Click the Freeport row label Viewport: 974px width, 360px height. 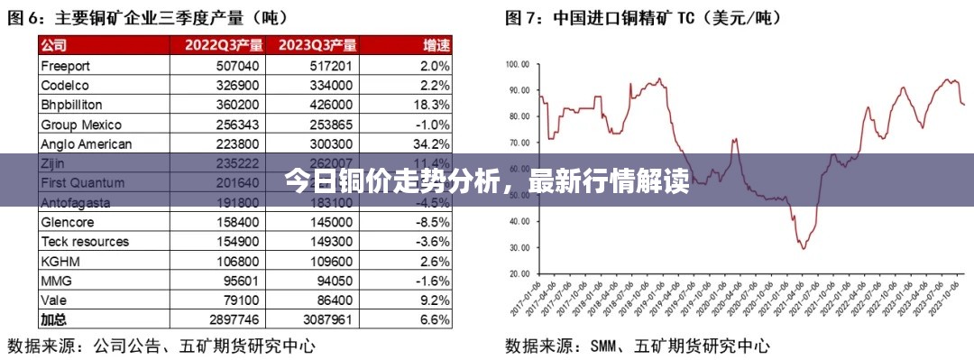click(x=66, y=66)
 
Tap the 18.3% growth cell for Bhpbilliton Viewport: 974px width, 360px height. click(x=430, y=105)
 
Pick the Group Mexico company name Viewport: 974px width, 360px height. click(x=81, y=125)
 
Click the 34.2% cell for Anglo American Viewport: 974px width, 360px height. click(x=430, y=144)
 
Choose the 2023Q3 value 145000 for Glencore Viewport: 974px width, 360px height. click(x=330, y=222)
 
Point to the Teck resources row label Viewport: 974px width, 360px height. click(x=85, y=242)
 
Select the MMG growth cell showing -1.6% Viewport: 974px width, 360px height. click(x=430, y=281)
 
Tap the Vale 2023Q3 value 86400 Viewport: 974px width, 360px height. click(x=330, y=300)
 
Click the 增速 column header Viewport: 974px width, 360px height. click(x=437, y=45)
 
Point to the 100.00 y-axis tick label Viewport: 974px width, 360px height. click(x=517, y=64)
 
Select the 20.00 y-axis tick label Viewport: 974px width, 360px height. click(x=519, y=273)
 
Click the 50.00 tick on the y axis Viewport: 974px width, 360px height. click(x=519, y=195)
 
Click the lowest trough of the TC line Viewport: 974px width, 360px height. click(x=802, y=248)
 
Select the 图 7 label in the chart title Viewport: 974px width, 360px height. click(x=519, y=16)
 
